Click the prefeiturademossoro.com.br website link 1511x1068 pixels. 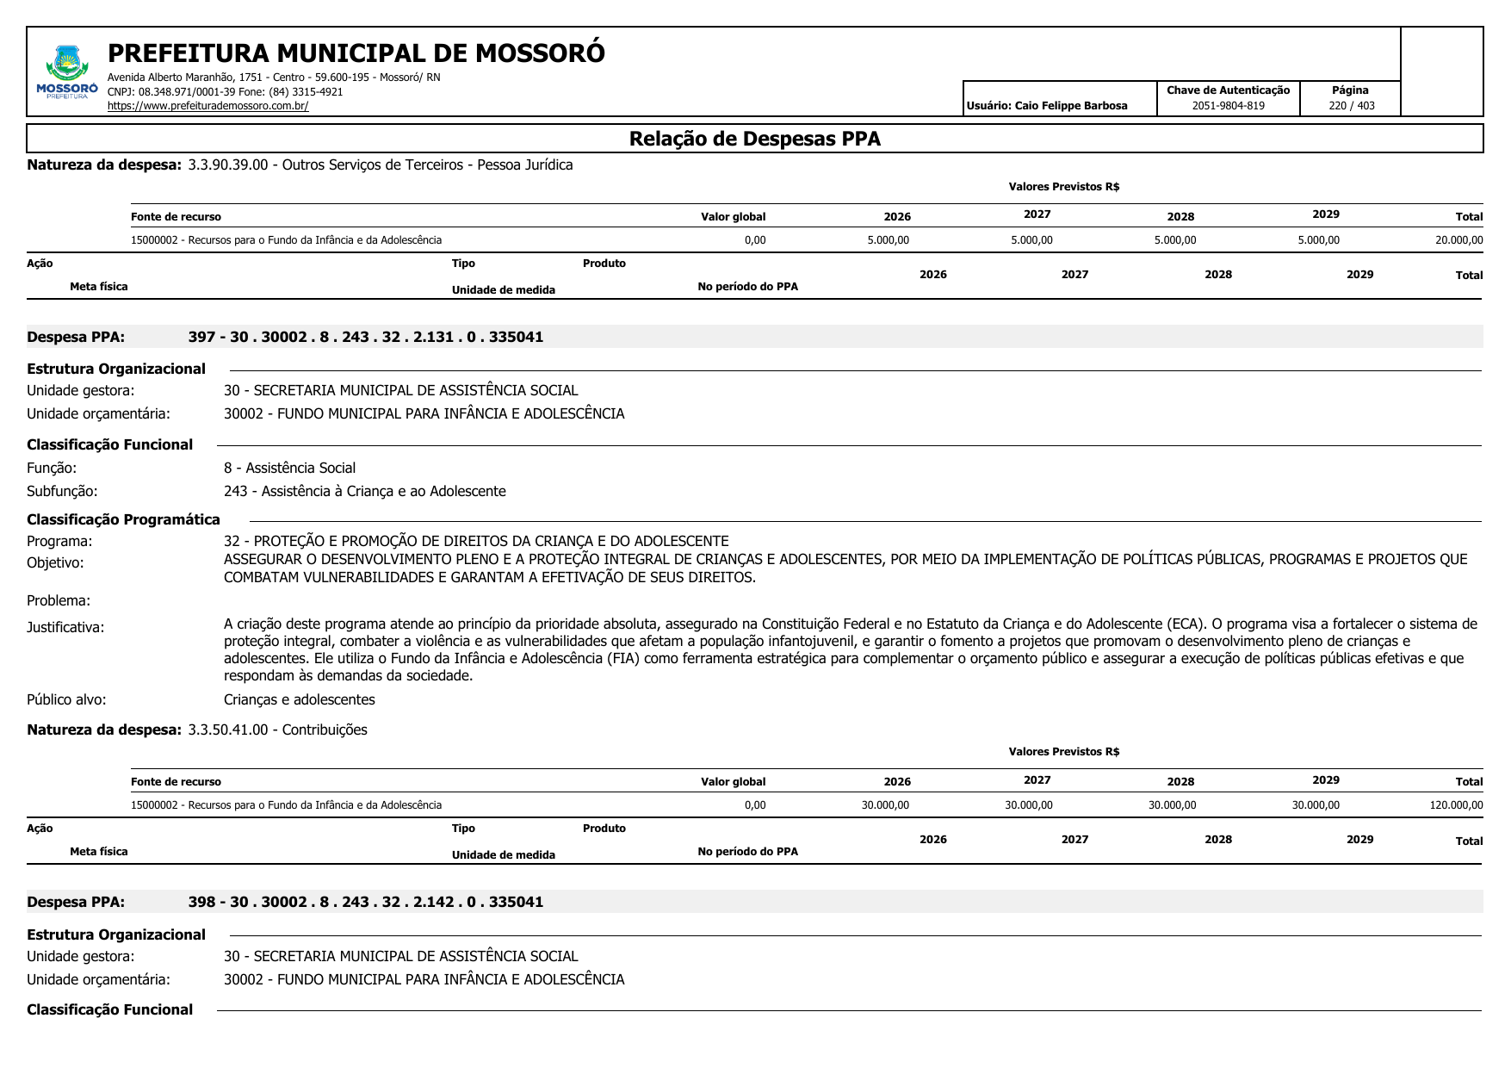tap(207, 106)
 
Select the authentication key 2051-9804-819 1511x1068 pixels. tap(1228, 106)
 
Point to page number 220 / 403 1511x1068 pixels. tap(1351, 106)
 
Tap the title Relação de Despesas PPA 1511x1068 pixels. tap(754, 139)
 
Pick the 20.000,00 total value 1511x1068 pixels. tap(1458, 240)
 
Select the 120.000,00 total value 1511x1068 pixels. tap(1456, 805)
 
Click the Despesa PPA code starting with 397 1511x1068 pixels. tap(365, 337)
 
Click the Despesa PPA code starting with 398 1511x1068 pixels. tap(365, 902)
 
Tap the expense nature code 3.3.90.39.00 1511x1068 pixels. tap(228, 165)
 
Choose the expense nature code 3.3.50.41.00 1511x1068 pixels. tap(228, 730)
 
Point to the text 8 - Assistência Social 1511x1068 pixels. tap(289, 468)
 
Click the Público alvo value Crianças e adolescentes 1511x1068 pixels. tap(299, 699)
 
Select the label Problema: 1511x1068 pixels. tap(59, 600)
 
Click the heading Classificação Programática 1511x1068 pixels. tap(123, 519)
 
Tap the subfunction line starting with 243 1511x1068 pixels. tap(364, 491)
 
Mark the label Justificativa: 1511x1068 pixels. tap(65, 627)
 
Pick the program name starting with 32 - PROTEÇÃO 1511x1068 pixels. tap(475, 541)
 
